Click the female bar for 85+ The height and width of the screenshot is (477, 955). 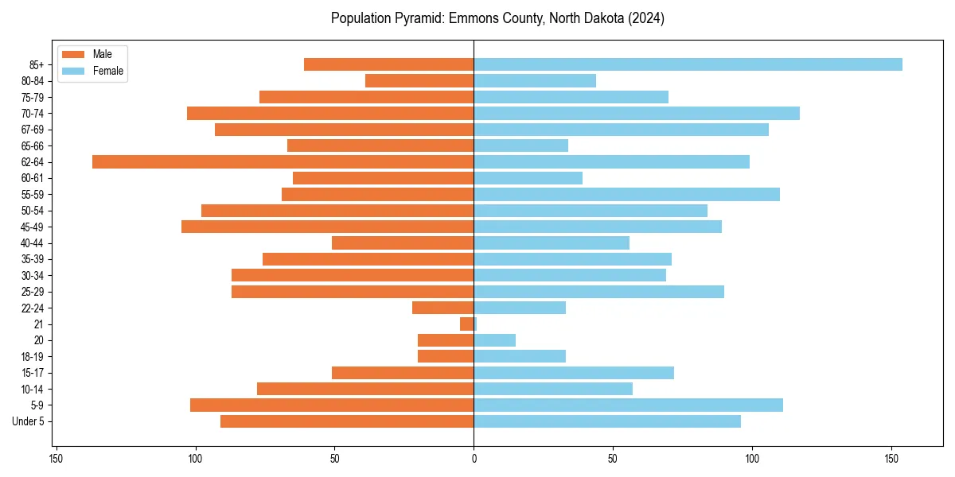pyautogui.click(x=688, y=64)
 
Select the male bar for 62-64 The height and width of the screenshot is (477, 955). pyautogui.click(x=283, y=161)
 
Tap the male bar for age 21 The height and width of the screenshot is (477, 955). pyautogui.click(x=466, y=324)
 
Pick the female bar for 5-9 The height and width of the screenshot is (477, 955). pyautogui.click(x=628, y=405)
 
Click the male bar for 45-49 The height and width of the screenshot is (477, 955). pyautogui.click(x=327, y=227)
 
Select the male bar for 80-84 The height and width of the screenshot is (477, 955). pyautogui.click(x=419, y=80)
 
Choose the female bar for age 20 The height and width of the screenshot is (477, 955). pyautogui.click(x=494, y=340)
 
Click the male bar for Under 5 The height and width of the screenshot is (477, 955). pyautogui.click(x=347, y=421)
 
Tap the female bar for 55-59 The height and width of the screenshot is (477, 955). pyautogui.click(x=626, y=194)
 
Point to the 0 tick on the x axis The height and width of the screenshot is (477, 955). pyautogui.click(x=474, y=459)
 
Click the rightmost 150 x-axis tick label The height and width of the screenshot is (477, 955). pyautogui.click(x=891, y=459)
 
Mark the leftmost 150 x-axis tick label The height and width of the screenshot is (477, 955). pyautogui.click(x=56, y=459)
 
